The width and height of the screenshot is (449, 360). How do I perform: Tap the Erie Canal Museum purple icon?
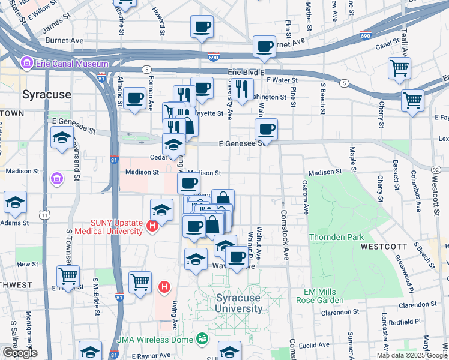(x=26, y=63)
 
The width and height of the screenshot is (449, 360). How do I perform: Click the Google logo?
(x=20, y=353)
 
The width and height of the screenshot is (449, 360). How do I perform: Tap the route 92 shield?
(x=436, y=170)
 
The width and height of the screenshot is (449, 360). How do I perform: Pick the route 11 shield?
(x=44, y=214)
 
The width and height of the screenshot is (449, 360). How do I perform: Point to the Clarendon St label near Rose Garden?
(x=341, y=312)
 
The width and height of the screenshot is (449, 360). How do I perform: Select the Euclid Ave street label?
(x=315, y=345)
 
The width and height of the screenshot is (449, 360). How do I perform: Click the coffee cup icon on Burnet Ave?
(x=264, y=46)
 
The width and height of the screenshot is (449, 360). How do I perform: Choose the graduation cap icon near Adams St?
(x=15, y=203)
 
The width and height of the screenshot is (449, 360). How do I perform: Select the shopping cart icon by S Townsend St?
(x=68, y=277)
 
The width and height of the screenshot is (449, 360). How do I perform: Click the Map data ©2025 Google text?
(x=411, y=355)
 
